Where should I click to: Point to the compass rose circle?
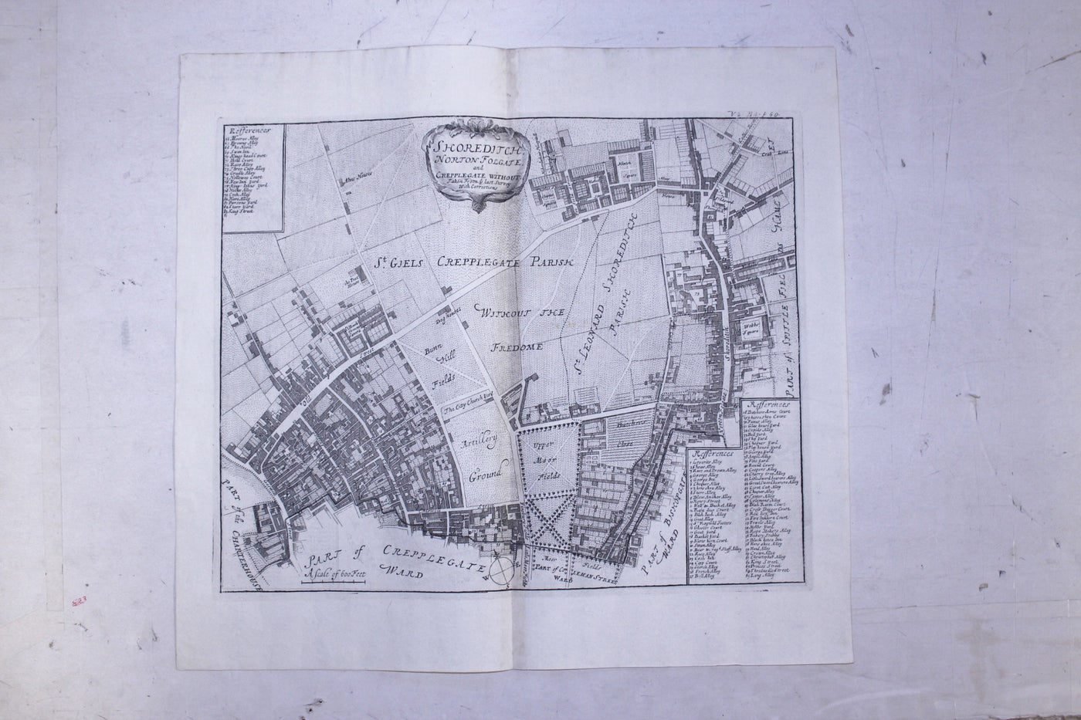point(503,571)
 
